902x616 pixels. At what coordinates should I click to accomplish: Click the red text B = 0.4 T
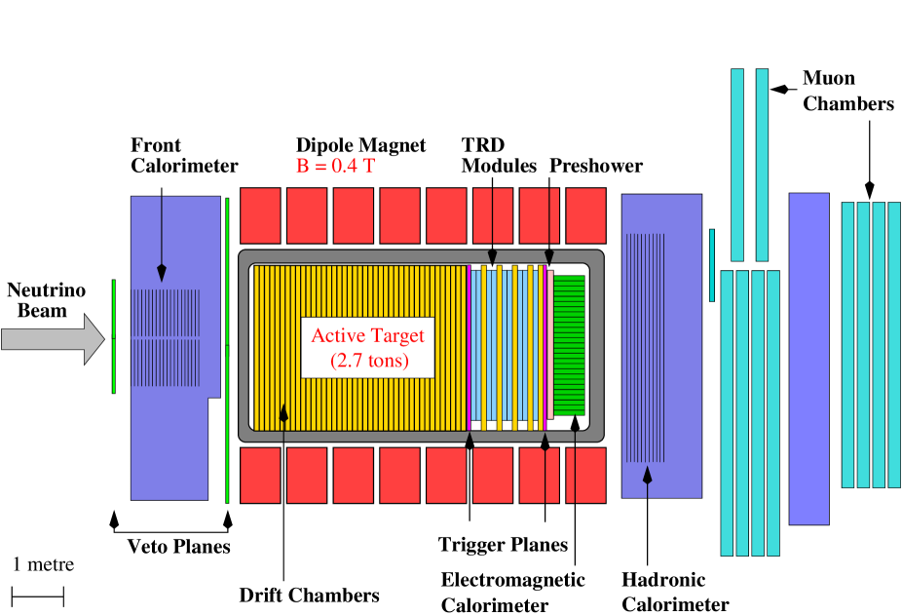click(x=335, y=167)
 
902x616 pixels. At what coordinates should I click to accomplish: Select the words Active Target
click(x=367, y=336)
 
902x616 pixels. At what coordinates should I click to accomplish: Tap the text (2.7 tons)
click(x=368, y=362)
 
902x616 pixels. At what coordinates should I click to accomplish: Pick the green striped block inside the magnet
click(x=569, y=345)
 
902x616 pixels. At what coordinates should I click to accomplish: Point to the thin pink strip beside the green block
click(x=550, y=344)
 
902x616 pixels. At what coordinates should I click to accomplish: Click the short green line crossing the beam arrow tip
click(x=114, y=336)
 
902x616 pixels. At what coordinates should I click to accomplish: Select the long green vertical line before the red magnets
click(x=227, y=351)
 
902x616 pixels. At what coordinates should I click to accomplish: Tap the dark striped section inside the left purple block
click(x=166, y=337)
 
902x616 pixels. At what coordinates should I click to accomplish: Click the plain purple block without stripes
click(x=808, y=359)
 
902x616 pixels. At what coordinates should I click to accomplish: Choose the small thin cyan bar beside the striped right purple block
click(x=712, y=265)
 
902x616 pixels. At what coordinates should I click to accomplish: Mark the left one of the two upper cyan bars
click(x=737, y=164)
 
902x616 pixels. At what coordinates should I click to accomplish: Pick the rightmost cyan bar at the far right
click(x=894, y=345)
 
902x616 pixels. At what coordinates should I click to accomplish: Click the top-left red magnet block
click(x=260, y=215)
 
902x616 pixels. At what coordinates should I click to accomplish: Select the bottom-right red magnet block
click(x=585, y=475)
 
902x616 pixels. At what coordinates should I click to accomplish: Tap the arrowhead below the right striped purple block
click(x=647, y=475)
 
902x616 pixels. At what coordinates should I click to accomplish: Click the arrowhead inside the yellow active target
click(x=283, y=413)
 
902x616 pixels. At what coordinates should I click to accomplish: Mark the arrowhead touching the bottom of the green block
click(x=575, y=422)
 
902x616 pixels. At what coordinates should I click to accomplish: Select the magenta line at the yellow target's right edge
click(x=469, y=347)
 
